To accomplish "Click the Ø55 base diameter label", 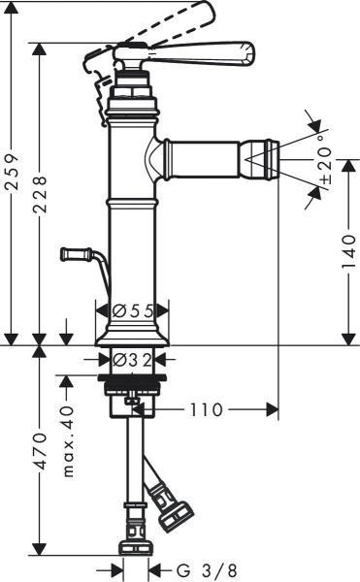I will pyautogui.click(x=134, y=310).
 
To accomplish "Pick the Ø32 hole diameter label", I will pyautogui.click(x=134, y=359).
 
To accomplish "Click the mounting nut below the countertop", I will pyautogui.click(x=134, y=389).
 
